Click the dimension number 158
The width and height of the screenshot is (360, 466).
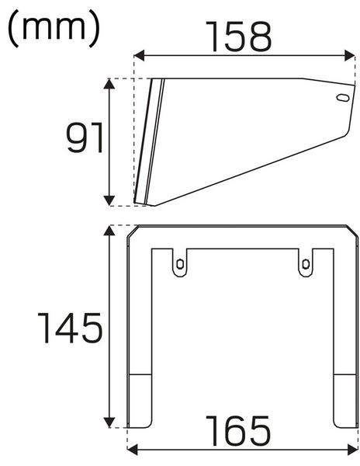pyautogui.click(x=240, y=36)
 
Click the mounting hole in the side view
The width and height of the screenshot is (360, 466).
pyautogui.click(x=339, y=98)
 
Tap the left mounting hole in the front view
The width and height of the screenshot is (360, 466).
pyautogui.click(x=180, y=263)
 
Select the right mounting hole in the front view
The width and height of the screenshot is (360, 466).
pyautogui.click(x=305, y=263)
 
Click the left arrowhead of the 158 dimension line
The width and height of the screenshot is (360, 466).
pyautogui.click(x=138, y=55)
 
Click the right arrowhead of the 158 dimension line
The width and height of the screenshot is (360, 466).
pyautogui.click(x=351, y=55)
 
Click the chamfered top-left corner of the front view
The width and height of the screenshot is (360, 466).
pyautogui.click(x=132, y=231)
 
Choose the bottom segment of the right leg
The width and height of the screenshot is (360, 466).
pyautogui.click(x=343, y=400)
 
